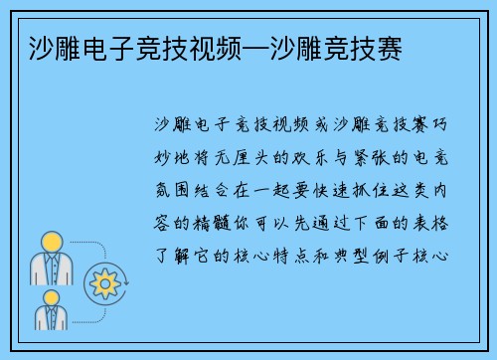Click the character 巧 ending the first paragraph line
(x=448, y=127)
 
